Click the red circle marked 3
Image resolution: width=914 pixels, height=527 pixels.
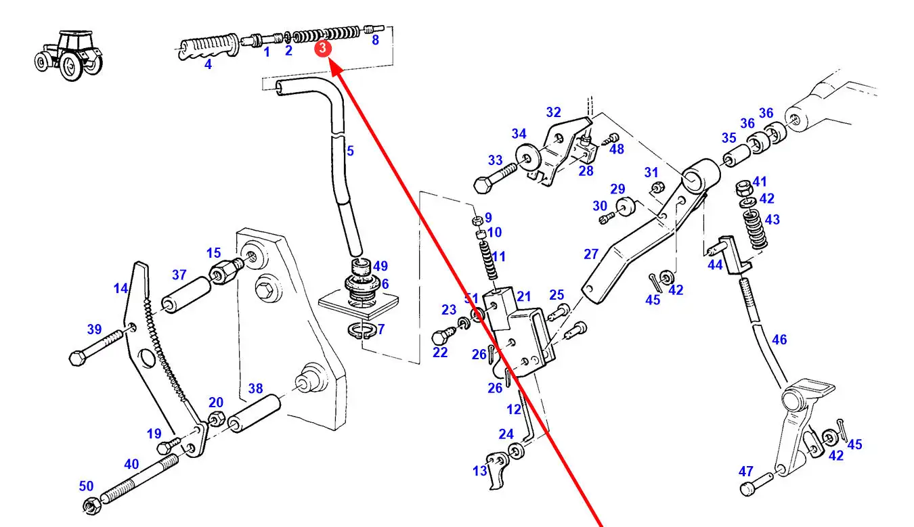tap(324, 49)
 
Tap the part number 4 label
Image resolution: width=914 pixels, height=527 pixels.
tap(208, 65)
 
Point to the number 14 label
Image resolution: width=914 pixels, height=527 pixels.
tap(121, 289)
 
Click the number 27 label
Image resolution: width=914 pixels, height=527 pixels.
tap(591, 254)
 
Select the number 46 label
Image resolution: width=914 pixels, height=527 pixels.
tap(779, 340)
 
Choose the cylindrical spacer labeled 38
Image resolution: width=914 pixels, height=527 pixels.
tap(255, 414)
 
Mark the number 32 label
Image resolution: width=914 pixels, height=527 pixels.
tap(554, 112)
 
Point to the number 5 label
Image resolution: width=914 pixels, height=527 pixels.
tap(350, 151)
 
